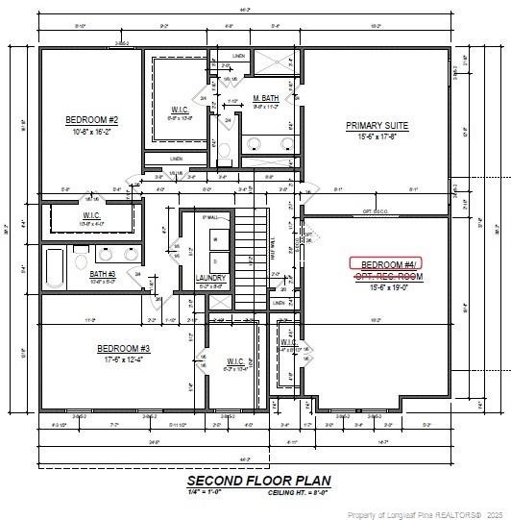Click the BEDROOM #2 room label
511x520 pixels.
click(91, 119)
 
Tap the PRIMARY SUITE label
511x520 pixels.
click(377, 126)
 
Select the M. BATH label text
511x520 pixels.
click(266, 99)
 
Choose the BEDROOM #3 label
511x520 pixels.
click(123, 348)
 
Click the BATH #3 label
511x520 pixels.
click(103, 274)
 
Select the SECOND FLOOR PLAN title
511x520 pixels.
click(258, 480)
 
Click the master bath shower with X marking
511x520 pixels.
click(277, 63)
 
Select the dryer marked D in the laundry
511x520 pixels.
click(215, 260)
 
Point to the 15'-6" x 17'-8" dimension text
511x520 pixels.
click(377, 136)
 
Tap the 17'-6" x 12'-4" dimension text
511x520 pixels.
click(123, 359)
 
